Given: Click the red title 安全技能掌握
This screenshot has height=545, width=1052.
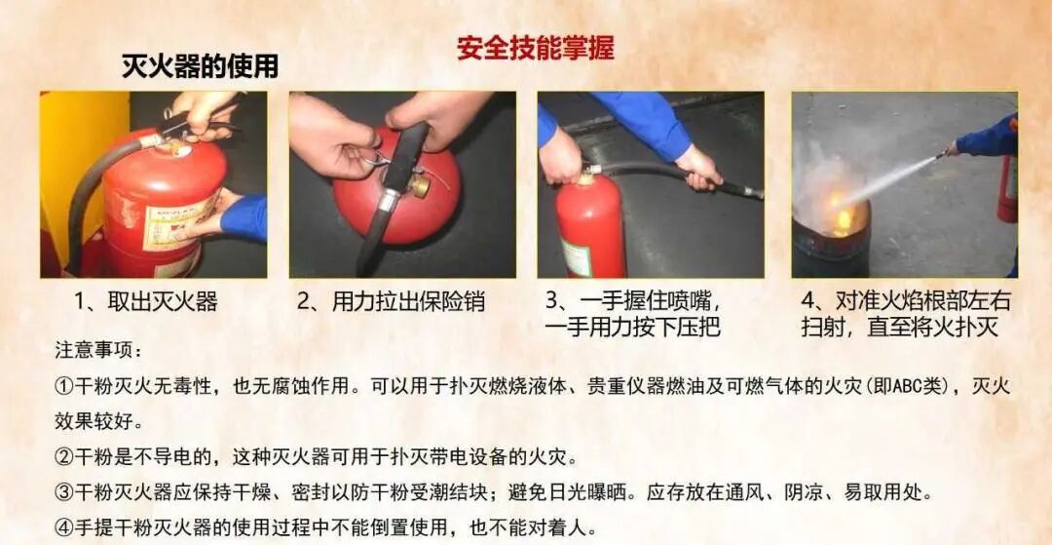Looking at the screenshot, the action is (536, 49).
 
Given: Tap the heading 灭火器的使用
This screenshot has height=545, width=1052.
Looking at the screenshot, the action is (200, 66).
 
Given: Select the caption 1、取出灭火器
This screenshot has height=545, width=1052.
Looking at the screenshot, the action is (146, 302).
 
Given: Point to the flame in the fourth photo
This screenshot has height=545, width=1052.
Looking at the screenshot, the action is (839, 212).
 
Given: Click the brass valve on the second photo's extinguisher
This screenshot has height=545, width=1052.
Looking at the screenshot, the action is (421, 186).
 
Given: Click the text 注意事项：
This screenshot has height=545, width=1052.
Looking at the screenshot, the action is (98, 350).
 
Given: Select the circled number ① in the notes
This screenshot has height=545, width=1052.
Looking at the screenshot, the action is (63, 387).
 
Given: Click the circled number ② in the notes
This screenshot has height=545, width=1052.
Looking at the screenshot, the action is (63, 458).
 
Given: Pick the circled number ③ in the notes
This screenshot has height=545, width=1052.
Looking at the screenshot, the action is (63, 494).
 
